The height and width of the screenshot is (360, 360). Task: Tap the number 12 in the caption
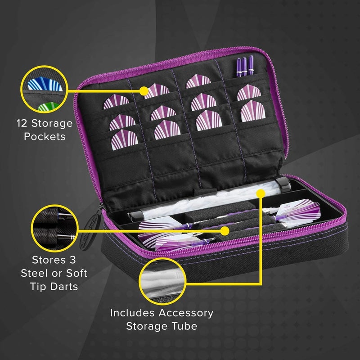click(x=23, y=123)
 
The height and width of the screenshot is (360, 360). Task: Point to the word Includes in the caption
click(x=135, y=312)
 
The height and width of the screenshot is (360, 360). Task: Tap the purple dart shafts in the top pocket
click(x=244, y=66)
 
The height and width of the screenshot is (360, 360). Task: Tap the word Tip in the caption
click(x=38, y=286)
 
